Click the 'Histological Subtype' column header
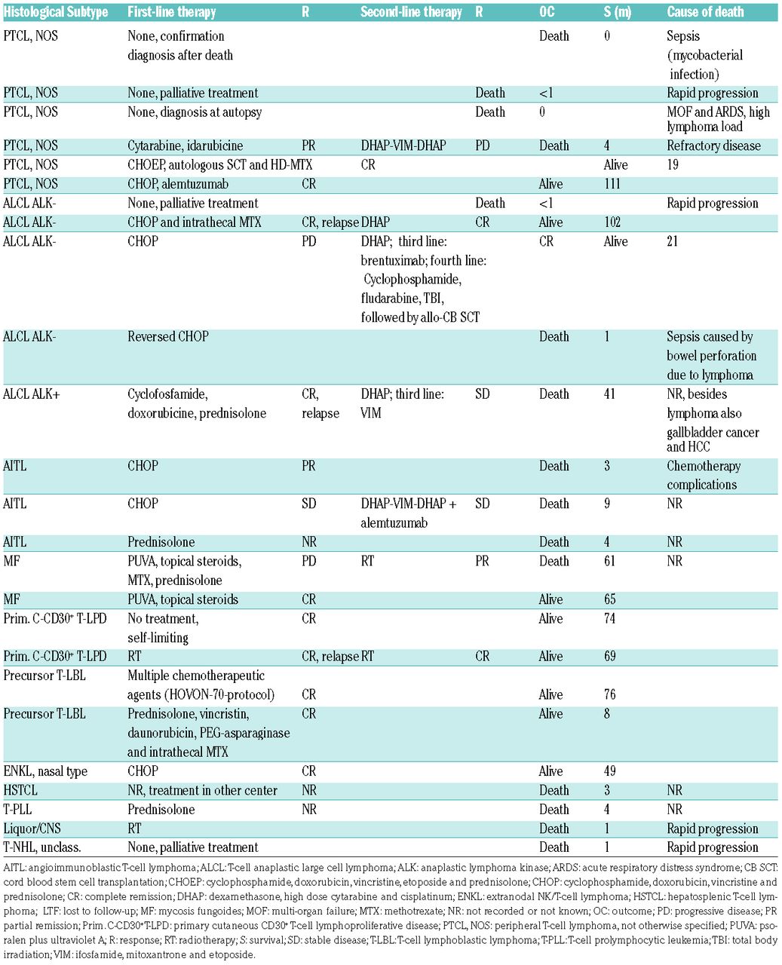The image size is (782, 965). point(56,12)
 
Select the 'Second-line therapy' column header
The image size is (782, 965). point(411,12)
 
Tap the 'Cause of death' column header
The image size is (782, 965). point(705,12)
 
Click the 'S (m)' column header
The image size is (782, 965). point(618,12)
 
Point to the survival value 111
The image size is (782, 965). point(612,184)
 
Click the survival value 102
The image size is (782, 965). point(612,222)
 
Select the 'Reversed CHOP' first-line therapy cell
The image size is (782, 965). point(167,337)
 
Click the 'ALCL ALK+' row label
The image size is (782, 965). point(31,394)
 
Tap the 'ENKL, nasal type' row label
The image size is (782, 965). point(45,771)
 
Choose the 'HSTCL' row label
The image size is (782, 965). point(20,790)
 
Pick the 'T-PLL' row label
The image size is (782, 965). point(18,810)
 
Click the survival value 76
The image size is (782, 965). point(609,694)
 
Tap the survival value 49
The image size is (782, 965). point(609,771)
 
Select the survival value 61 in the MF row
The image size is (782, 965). point(609,562)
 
